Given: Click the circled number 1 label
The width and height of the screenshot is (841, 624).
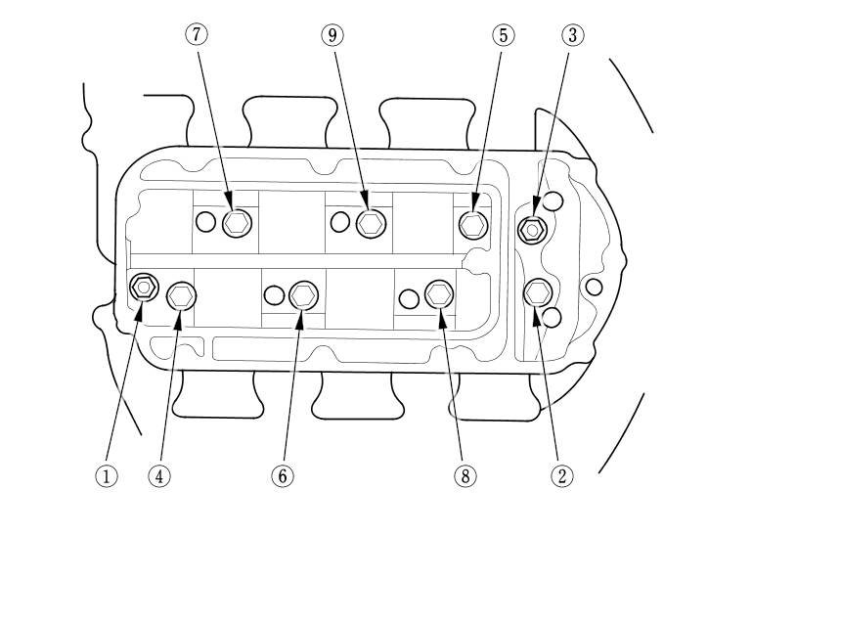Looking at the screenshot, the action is pos(107,475).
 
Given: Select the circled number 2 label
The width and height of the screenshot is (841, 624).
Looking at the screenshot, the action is pos(561,475).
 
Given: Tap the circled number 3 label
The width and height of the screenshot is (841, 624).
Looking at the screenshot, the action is pos(572,35).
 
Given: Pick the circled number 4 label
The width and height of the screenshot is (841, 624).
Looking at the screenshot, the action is pos(159,475).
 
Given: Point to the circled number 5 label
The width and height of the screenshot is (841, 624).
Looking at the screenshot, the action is pos(502,35).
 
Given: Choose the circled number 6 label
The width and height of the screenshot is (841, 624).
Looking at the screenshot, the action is pos(282,475).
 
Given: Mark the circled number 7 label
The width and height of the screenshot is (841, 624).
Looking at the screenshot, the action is pos(197,35).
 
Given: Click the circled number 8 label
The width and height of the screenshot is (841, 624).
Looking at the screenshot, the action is pos(465,475).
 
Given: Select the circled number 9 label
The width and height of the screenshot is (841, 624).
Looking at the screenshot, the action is pos(332,35).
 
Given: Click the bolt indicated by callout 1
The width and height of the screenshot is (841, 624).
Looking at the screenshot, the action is pos(144,287).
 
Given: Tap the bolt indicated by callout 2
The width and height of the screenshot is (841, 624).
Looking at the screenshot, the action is pos(538,292).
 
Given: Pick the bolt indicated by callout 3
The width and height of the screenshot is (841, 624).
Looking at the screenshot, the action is pos(532,230).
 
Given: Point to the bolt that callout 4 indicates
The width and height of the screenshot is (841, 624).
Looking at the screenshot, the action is pos(182,294).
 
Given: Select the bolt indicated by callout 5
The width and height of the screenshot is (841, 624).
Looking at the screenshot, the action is pos(473,224).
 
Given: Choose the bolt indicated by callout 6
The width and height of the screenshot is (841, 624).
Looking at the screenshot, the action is pos(304,294).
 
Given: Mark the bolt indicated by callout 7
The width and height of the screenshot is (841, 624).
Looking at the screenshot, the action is pos(236,223).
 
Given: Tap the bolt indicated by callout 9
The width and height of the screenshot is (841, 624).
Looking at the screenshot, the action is pos(370,223).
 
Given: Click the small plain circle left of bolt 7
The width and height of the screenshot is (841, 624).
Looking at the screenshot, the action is pos(205,222).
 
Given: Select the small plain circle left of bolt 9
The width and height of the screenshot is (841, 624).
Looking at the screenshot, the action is pos(340,222).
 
